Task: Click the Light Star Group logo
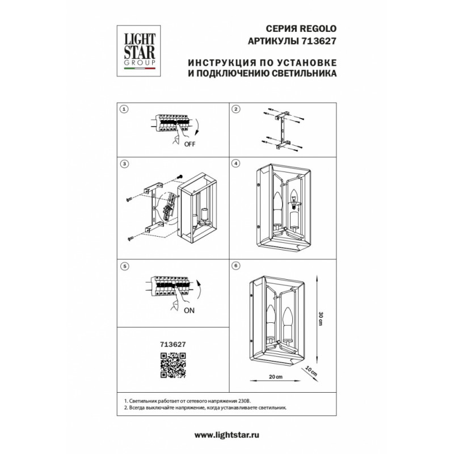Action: [138, 51]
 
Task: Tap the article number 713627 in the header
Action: [319, 41]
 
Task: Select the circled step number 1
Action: [124, 109]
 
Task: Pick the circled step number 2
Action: [236, 109]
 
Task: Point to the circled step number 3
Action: [124, 164]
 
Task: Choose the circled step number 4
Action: [236, 163]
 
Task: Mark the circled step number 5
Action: [124, 266]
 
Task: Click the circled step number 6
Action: [236, 266]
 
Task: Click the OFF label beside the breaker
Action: [190, 144]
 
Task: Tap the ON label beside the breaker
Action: [189, 310]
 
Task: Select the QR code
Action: [173, 365]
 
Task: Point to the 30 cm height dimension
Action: [320, 318]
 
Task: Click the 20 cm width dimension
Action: [276, 377]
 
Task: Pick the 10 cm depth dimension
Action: [311, 371]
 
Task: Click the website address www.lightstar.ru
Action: [226, 435]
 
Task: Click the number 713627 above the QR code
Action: [173, 344]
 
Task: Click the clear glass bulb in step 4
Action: [295, 199]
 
